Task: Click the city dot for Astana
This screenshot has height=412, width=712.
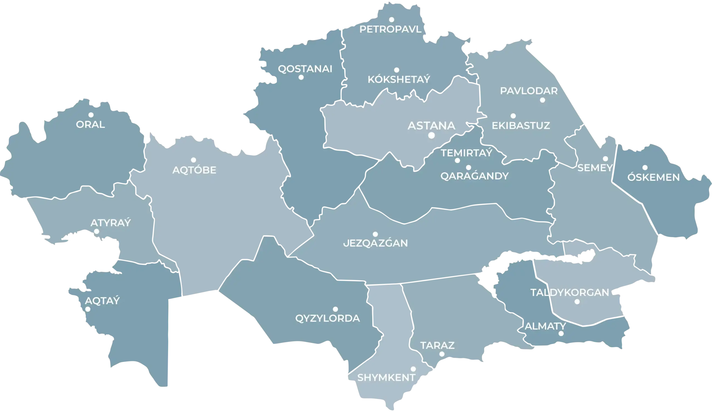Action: pos(431,135)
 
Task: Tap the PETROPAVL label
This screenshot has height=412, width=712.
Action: pos(390,29)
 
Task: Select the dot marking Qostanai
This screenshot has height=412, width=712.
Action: pos(301,77)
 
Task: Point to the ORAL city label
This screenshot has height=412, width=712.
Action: pos(90,124)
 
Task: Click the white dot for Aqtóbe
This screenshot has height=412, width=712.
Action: pos(194,160)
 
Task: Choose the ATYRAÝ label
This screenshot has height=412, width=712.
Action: pos(111,223)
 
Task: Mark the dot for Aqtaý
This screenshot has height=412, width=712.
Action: pos(88,309)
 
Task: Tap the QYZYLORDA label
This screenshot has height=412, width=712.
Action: pos(327,318)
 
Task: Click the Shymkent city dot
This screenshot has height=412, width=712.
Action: pos(413,369)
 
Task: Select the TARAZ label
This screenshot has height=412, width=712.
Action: pos(437,345)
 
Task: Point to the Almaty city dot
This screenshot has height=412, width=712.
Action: pos(561,334)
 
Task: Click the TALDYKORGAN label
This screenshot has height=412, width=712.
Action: pos(570,292)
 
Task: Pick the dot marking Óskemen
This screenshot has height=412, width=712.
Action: pos(645,167)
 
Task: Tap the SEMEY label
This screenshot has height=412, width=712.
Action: pos(595,168)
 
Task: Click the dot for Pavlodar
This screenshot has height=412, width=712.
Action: pos(542,100)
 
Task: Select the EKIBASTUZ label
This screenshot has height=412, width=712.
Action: pos(521,125)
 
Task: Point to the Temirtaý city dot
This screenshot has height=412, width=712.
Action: pos(458,161)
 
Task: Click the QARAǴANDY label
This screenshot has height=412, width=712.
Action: pos(474,176)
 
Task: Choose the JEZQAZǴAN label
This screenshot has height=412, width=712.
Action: pos(375,243)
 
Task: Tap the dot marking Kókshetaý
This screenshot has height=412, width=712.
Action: pos(397,70)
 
